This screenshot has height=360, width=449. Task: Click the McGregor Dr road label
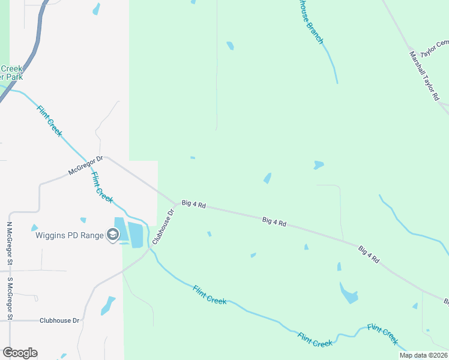[x=86, y=166]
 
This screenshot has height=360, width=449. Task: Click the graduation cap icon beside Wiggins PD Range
[x=112, y=235]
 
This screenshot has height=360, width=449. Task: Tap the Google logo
[x=20, y=353]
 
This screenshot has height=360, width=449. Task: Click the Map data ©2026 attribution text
[x=423, y=355]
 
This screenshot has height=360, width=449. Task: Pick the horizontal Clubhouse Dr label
[x=59, y=320]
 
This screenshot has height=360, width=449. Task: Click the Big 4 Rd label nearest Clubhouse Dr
[x=193, y=205]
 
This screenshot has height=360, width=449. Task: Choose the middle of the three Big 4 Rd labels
[x=274, y=222]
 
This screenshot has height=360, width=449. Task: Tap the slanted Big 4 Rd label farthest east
[x=369, y=254]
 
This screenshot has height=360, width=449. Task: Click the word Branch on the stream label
[x=313, y=33]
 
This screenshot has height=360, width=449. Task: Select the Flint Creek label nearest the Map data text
[x=383, y=334]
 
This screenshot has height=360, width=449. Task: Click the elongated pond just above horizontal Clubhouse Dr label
[x=108, y=305]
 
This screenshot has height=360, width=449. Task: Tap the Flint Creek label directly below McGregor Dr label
[x=102, y=187]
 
